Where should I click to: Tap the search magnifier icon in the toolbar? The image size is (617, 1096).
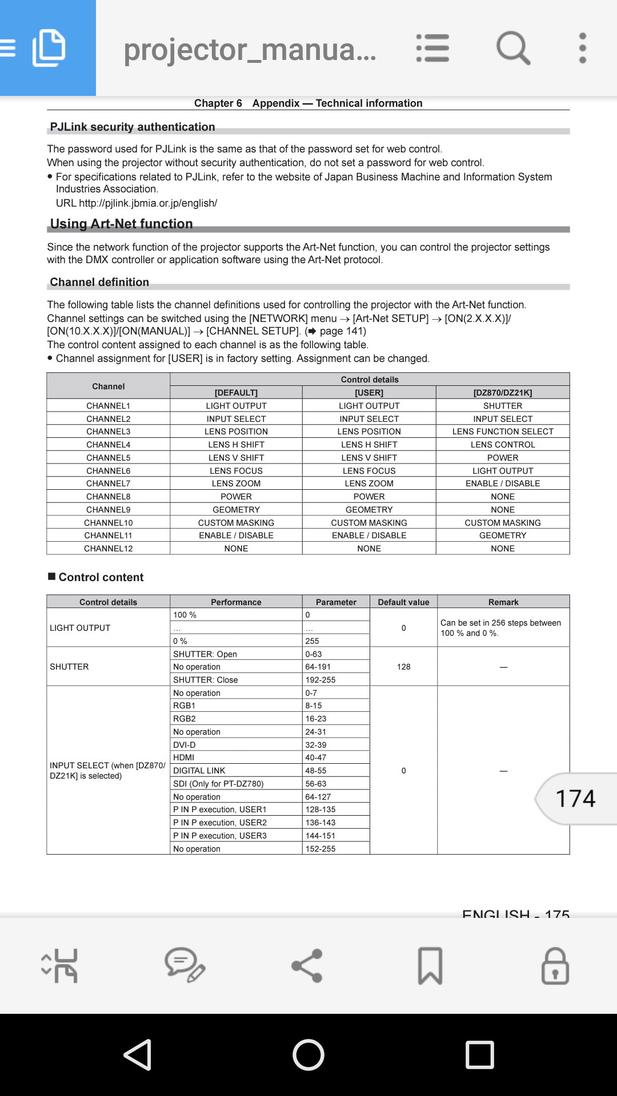tap(513, 48)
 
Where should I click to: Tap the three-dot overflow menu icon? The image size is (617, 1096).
tap(582, 48)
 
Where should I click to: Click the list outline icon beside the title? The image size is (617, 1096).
tap(432, 48)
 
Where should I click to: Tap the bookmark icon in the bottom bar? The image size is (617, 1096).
tap(430, 965)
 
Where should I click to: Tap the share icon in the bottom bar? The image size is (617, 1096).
tap(307, 965)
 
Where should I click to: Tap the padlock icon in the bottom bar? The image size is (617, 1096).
tap(555, 965)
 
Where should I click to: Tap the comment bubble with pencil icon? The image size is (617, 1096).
tap(185, 965)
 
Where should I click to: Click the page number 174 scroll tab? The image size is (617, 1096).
tap(576, 799)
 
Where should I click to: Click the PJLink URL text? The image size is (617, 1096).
tap(147, 203)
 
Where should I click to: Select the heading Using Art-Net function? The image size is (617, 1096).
tap(121, 224)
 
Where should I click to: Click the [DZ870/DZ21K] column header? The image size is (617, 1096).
tap(503, 393)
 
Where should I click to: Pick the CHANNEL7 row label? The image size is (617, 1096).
tap(109, 483)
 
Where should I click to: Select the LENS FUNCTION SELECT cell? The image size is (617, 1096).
tap(503, 432)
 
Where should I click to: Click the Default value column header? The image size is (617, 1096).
tap(403, 602)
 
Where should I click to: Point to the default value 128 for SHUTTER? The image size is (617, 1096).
tap(403, 667)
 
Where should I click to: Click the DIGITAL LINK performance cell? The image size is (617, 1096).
tap(199, 771)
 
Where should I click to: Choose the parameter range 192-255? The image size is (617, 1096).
tap(320, 680)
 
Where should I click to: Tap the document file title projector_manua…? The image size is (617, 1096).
tap(250, 50)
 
